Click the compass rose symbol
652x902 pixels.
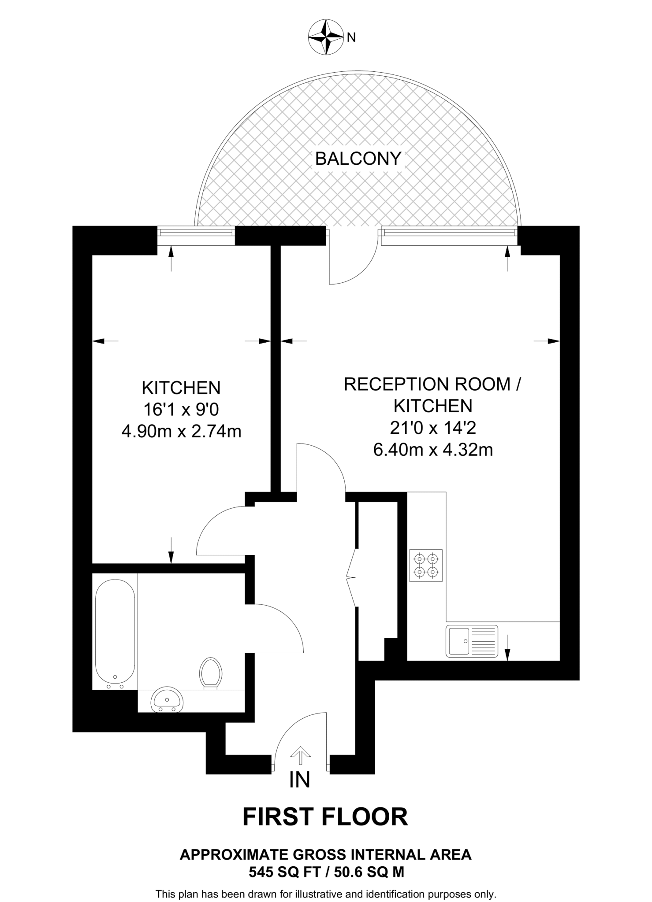(326, 37)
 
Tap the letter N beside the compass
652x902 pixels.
(351, 38)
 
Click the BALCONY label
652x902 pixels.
(358, 159)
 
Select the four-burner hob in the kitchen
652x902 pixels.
(426, 566)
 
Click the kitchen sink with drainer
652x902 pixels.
(472, 641)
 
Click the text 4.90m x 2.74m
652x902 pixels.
(181, 431)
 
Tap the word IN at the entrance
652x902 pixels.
(300, 780)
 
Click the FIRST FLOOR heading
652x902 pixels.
(325, 817)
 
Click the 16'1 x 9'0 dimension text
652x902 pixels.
(181, 410)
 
